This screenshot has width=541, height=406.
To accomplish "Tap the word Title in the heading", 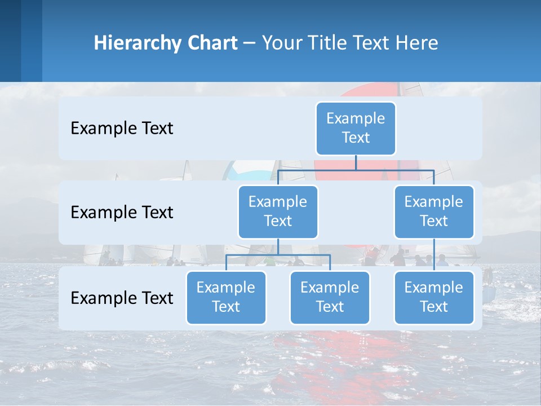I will pyautogui.click(x=328, y=43).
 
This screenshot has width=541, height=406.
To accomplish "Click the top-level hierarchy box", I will pyautogui.click(x=356, y=128).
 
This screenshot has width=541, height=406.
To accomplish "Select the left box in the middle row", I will pyautogui.click(x=278, y=211).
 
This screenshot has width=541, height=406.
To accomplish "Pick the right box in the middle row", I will pyautogui.click(x=434, y=211).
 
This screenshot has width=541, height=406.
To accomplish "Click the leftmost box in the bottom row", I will pyautogui.click(x=226, y=297).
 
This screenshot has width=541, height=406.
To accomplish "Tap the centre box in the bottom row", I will pyautogui.click(x=330, y=297).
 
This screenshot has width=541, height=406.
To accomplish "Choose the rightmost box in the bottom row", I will pyautogui.click(x=434, y=297).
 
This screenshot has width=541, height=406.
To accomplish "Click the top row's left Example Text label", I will pyautogui.click(x=122, y=128).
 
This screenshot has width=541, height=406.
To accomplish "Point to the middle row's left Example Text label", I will pyautogui.click(x=122, y=212).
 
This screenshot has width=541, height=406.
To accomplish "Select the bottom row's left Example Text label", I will pyautogui.click(x=122, y=298).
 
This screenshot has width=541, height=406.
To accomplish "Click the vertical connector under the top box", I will pyautogui.click(x=356, y=162).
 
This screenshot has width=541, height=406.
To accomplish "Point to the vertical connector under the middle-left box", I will pyautogui.click(x=278, y=246).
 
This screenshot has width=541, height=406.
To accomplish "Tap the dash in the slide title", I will pyautogui.click(x=250, y=43).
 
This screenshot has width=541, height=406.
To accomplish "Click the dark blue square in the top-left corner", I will pyautogui.click(x=10, y=41).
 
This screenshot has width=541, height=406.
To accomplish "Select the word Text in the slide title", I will pyautogui.click(x=372, y=43).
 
